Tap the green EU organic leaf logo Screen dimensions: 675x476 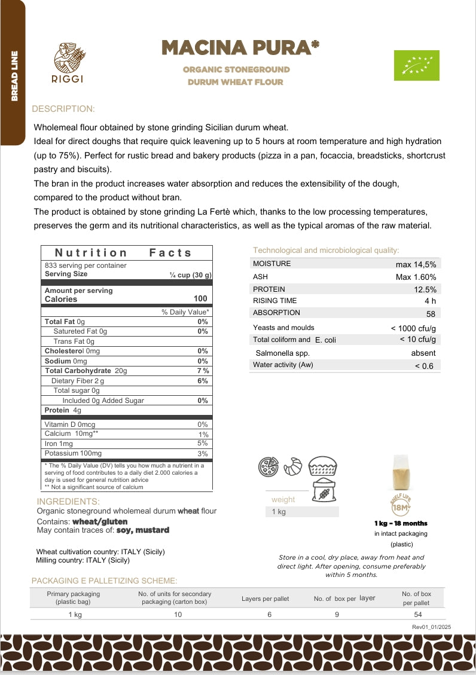416,65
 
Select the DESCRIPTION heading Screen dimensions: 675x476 63,109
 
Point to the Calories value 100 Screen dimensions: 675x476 200,299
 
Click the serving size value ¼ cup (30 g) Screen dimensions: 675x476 191,275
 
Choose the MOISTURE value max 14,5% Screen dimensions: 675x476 416,264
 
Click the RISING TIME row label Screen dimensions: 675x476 274,301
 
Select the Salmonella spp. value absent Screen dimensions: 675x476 423,353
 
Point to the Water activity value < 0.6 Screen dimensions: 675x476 424,366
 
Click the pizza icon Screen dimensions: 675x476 268,467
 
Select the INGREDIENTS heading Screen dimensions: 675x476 68,502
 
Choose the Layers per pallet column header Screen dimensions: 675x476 265,598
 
